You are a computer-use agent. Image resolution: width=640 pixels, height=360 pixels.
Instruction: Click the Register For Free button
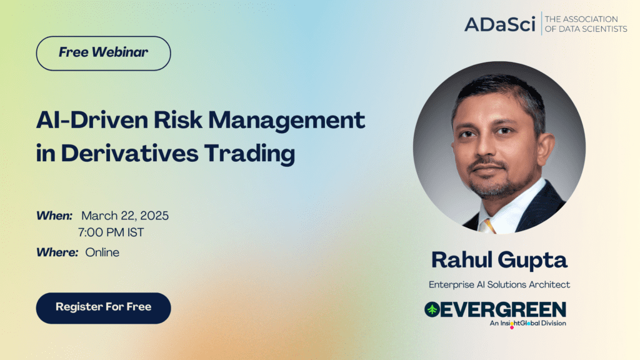click(103, 308)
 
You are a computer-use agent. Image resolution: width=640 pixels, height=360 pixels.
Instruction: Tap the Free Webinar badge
click(103, 54)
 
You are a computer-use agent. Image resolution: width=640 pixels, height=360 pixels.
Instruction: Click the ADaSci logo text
click(499, 24)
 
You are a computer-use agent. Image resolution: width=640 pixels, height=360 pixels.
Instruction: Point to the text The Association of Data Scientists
click(586, 24)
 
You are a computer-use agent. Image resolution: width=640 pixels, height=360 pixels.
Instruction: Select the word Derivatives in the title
click(130, 154)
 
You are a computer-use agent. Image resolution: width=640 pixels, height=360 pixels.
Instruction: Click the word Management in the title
click(286, 121)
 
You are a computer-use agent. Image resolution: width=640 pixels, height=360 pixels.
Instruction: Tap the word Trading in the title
click(249, 154)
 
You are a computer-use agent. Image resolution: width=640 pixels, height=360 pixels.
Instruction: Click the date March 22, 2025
click(125, 216)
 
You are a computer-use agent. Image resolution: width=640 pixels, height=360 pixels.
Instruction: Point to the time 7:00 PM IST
click(111, 232)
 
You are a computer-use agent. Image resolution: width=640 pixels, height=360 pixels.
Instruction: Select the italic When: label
click(54, 216)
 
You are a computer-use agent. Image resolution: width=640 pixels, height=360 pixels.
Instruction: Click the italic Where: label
click(57, 252)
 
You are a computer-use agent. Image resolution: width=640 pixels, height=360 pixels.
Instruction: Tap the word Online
click(102, 252)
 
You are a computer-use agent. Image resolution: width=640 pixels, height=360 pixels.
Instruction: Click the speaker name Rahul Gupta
click(499, 260)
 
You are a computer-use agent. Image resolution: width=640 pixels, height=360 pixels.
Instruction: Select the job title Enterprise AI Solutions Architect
click(499, 284)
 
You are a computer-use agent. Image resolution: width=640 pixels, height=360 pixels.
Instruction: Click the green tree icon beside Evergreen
click(432, 310)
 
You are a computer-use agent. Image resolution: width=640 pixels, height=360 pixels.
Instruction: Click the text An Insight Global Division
click(527, 323)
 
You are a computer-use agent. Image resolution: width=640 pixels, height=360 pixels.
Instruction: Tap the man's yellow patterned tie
click(487, 226)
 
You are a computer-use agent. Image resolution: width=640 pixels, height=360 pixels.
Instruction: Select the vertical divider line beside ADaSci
click(541, 23)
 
